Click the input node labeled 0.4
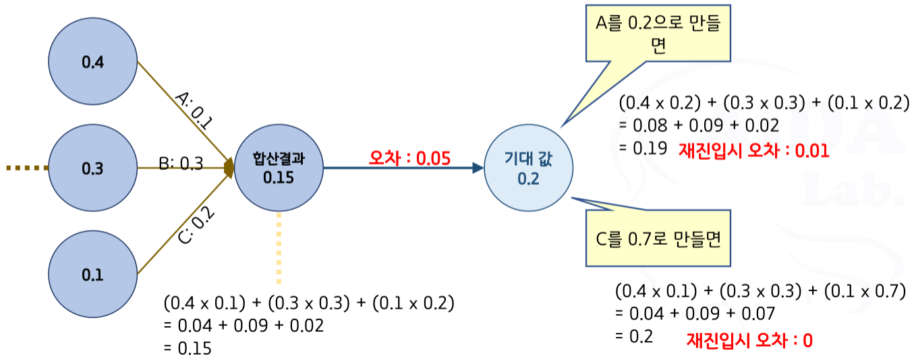point(93,62)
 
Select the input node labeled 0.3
point(93,168)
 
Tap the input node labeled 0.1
point(93,274)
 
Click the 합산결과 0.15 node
point(279,168)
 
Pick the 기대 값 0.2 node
point(529,168)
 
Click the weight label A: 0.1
point(194,109)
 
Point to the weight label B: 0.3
point(181,164)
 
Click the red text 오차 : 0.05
point(409,158)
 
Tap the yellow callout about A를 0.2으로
point(658,36)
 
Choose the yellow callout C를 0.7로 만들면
point(658,239)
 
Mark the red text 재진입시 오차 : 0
point(749,340)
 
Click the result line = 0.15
point(187,349)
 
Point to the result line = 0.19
point(643,147)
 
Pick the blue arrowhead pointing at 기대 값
point(478,168)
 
